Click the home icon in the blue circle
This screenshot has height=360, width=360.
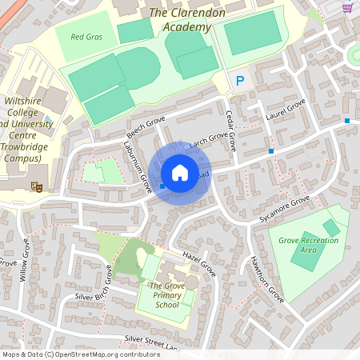(180, 173)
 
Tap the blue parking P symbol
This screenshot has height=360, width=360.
(239, 81)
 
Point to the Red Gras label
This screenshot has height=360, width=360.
(86, 37)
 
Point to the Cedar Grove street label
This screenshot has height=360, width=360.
(231, 130)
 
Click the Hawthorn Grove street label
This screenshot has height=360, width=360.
(267, 279)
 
